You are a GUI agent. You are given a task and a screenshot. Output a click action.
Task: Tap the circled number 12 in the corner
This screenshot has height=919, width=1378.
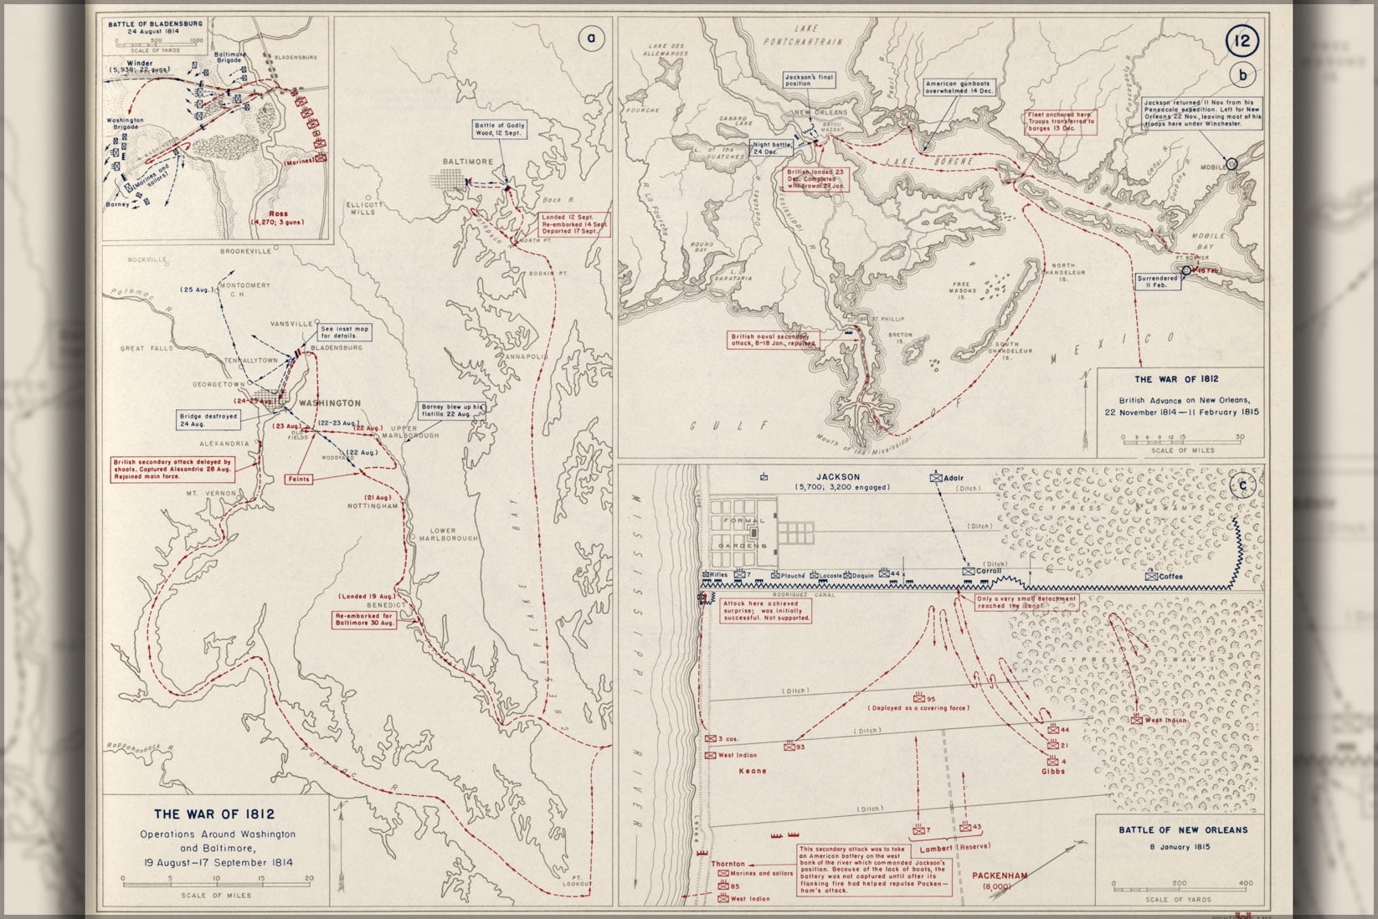pyautogui.click(x=1242, y=40)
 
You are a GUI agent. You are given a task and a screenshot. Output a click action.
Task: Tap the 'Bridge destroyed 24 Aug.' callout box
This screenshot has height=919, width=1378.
pyautogui.click(x=208, y=419)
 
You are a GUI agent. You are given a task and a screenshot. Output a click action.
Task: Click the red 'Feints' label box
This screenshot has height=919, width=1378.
pyautogui.click(x=298, y=480)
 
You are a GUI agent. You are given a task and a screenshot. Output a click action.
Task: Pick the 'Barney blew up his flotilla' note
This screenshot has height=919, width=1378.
pyautogui.click(x=453, y=410)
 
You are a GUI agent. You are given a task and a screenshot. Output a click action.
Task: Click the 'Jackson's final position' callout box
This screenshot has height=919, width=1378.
pyautogui.click(x=805, y=80)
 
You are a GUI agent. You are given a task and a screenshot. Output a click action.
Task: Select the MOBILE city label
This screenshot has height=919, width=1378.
pyautogui.click(x=1212, y=167)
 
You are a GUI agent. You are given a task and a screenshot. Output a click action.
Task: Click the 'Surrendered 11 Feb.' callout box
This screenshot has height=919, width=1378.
pyautogui.click(x=1157, y=280)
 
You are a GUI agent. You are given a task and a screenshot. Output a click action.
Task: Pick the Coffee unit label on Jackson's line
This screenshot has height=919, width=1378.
pyautogui.click(x=1170, y=576)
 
